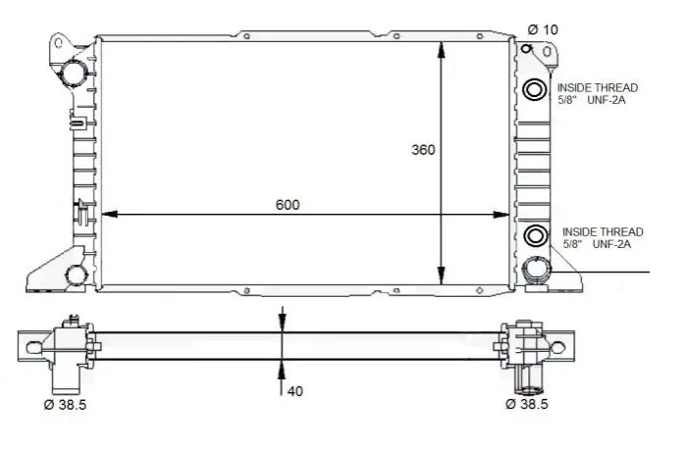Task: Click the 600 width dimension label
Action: click(x=288, y=205)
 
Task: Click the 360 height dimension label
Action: click(x=423, y=150)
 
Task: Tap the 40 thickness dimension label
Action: click(x=294, y=391)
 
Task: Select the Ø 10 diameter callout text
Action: click(x=543, y=29)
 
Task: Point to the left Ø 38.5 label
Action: click(x=65, y=405)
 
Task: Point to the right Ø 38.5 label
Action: click(x=527, y=404)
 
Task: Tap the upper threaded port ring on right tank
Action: click(x=534, y=90)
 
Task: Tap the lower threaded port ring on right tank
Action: click(x=535, y=236)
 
